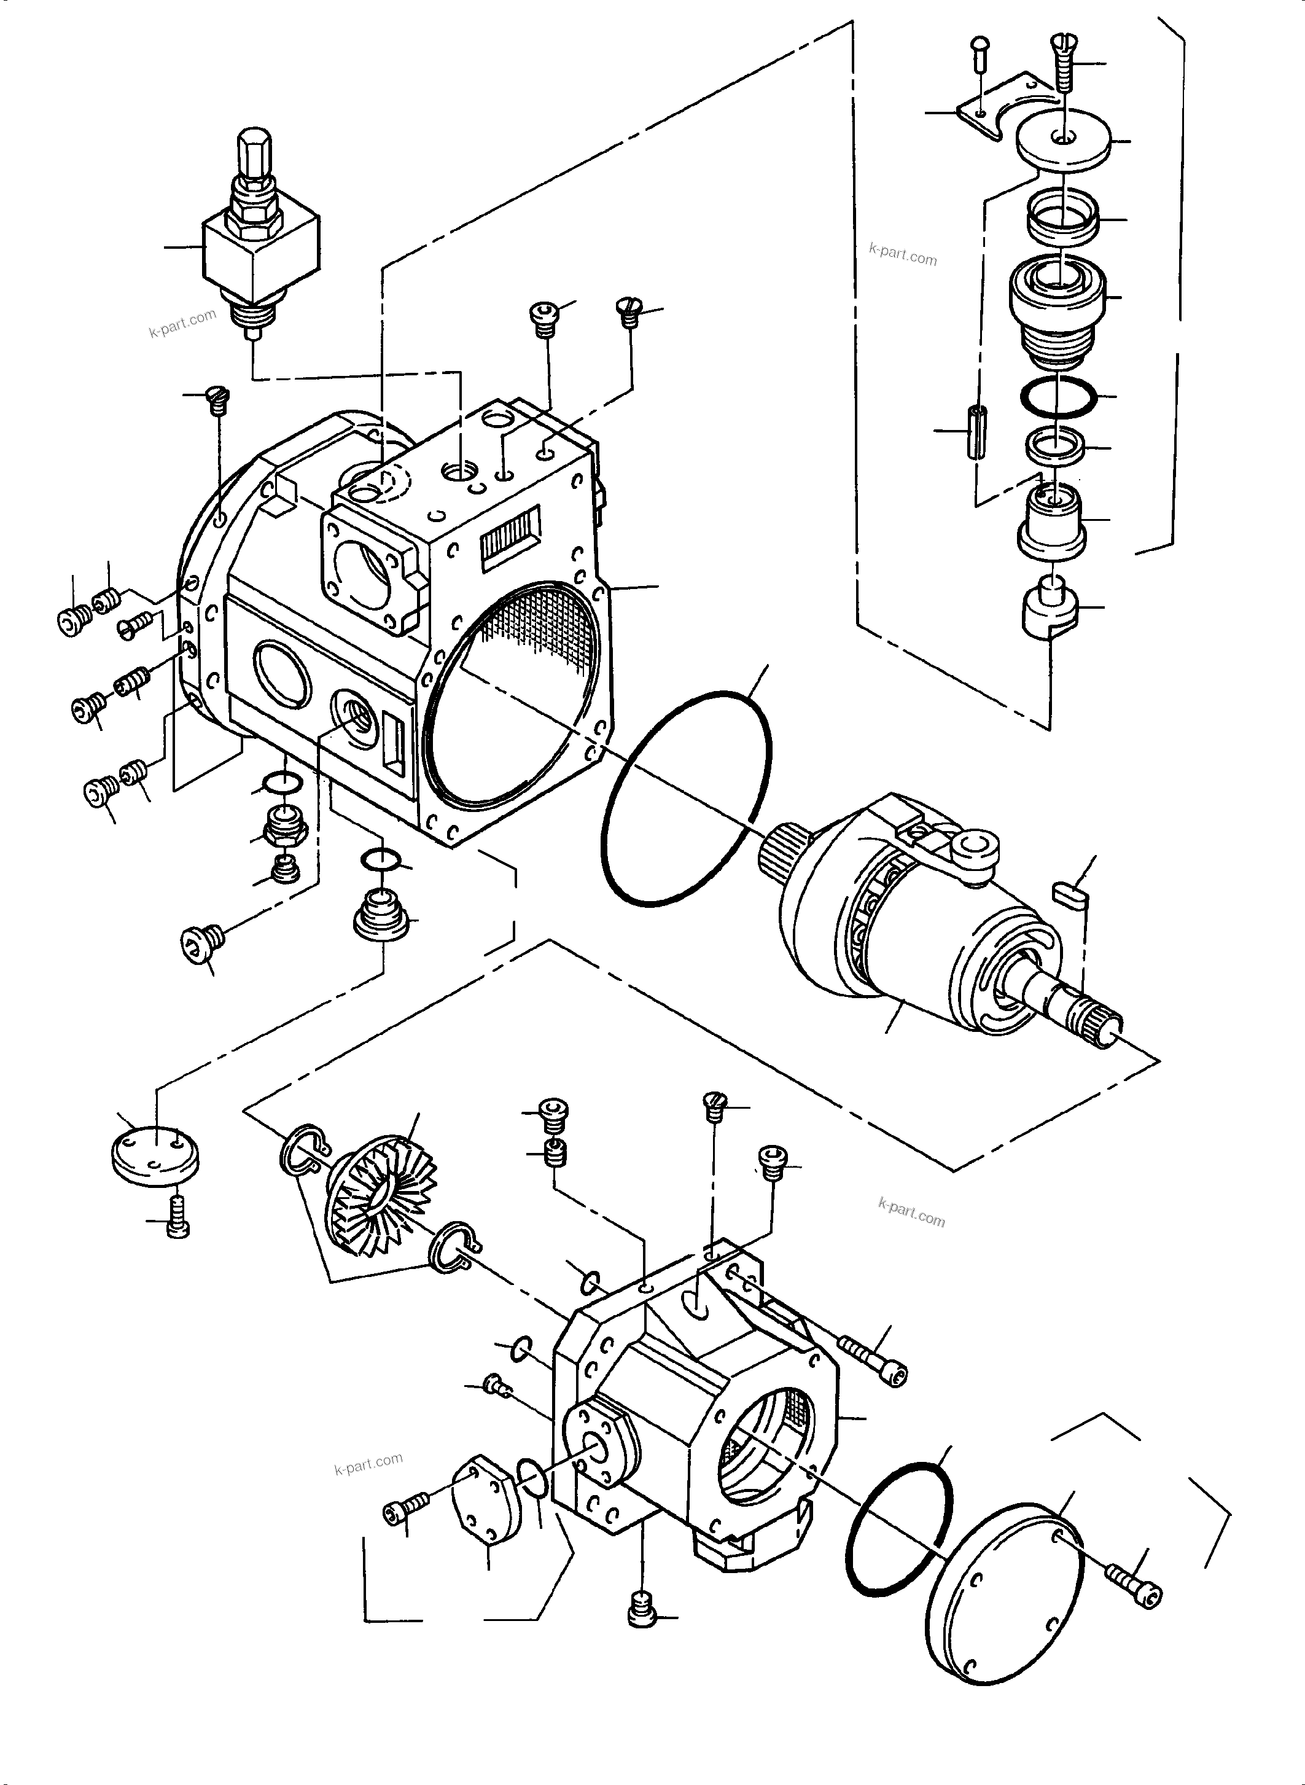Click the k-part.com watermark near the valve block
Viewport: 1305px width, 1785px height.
(x=182, y=322)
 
